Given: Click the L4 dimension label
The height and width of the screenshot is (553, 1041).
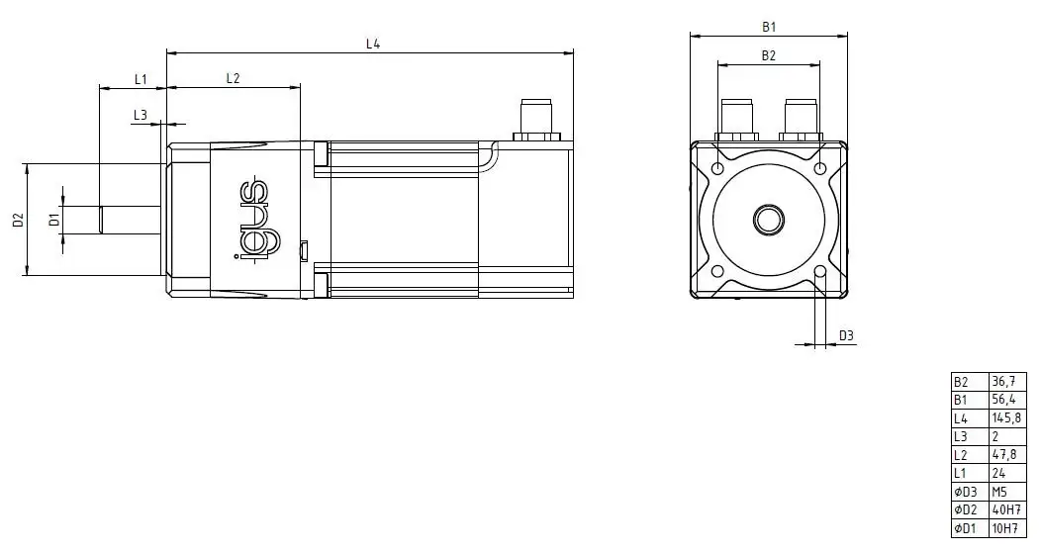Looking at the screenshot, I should [x=373, y=43].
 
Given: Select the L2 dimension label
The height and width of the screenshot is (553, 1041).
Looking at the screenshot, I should [x=234, y=78].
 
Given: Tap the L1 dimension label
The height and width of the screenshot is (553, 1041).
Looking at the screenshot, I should [x=140, y=78].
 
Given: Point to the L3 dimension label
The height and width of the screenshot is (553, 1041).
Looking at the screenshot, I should [x=140, y=115].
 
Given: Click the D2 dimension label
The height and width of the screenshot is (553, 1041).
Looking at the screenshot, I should [x=18, y=220].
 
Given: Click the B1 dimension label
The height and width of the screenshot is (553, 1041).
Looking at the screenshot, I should [x=768, y=27].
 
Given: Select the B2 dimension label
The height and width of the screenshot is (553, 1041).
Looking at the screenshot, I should [x=768, y=55].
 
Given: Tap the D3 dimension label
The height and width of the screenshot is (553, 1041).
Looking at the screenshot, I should [x=846, y=335].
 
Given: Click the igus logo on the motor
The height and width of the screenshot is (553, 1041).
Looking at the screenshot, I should [x=254, y=220].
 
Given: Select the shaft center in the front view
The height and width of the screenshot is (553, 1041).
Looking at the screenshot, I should [x=768, y=219].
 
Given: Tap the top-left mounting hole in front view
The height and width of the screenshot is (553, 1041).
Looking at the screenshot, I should [x=717, y=168].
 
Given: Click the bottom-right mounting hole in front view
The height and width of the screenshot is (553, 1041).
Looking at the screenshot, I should [x=819, y=270].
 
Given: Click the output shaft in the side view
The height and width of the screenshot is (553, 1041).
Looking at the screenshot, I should [x=132, y=219].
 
